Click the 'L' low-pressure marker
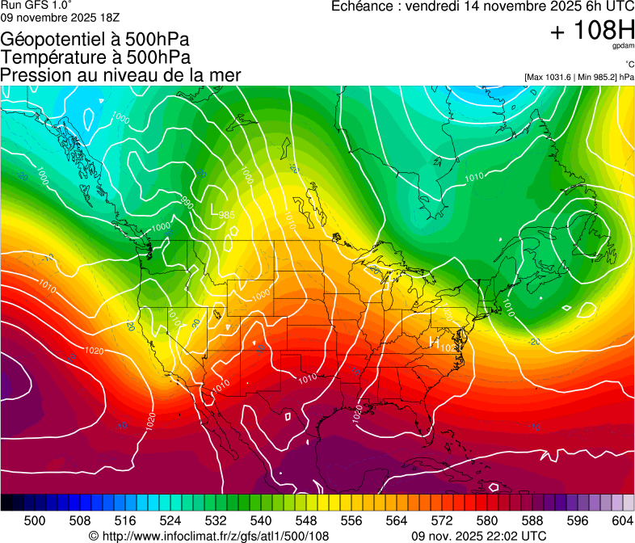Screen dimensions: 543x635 [x=214, y=213]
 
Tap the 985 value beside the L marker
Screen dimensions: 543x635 [x=227, y=215]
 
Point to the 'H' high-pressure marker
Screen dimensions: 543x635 [x=434, y=343]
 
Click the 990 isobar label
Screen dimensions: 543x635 [x=187, y=201]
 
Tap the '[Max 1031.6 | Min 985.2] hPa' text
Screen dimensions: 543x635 [x=578, y=77]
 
